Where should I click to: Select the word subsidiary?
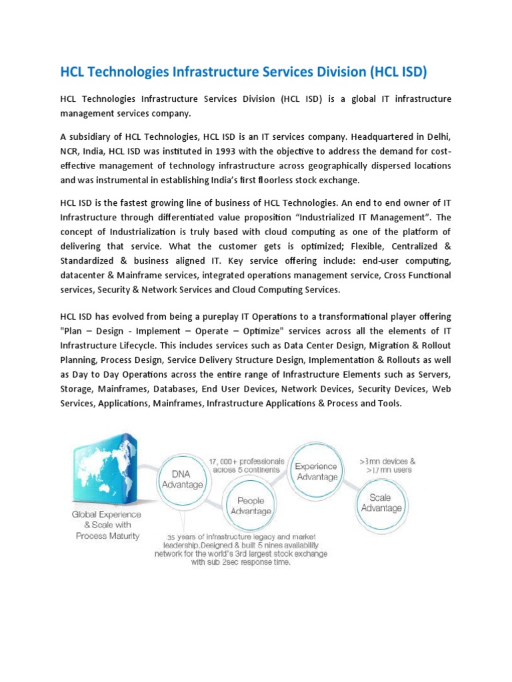[x=90, y=137]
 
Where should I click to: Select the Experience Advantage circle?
[x=317, y=472]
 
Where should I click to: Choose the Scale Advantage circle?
[x=381, y=503]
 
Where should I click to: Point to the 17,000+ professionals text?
[x=246, y=465]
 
